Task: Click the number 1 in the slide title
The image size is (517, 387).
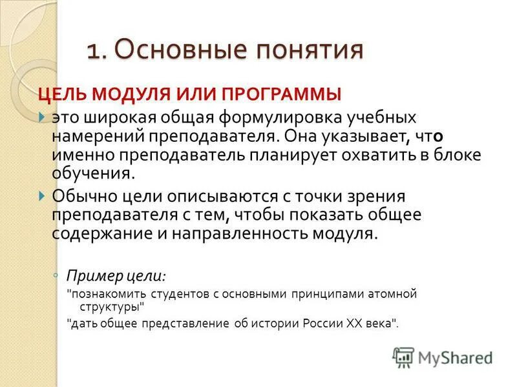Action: pyautogui.click(x=94, y=51)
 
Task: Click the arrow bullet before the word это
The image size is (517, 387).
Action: pyautogui.click(x=42, y=118)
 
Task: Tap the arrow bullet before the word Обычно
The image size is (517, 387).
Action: pyautogui.click(x=42, y=194)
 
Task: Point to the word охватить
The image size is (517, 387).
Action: pyautogui.click(x=388, y=155)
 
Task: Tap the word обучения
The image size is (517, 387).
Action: pyautogui.click(x=93, y=174)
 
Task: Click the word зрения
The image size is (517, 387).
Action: pyautogui.click(x=366, y=194)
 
